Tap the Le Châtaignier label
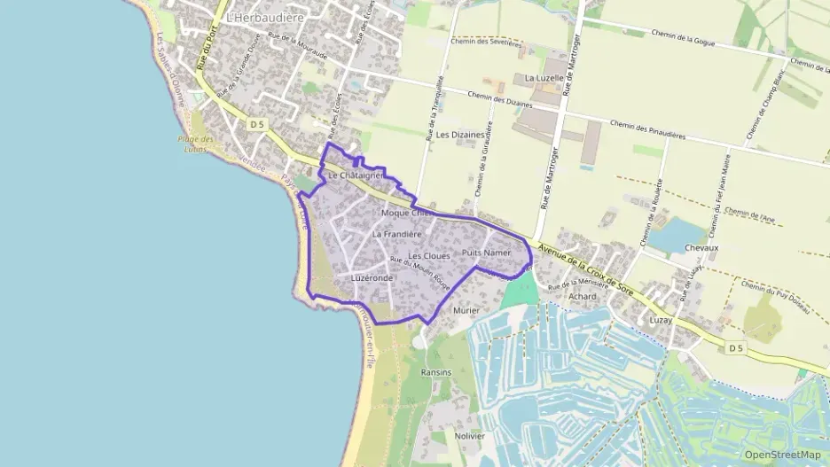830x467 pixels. pyautogui.click(x=355, y=176)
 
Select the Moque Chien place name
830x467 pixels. pyautogui.click(x=406, y=213)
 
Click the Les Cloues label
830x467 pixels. pyautogui.click(x=429, y=255)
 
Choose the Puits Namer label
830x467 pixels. pyautogui.click(x=487, y=253)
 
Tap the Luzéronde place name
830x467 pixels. pyautogui.click(x=372, y=277)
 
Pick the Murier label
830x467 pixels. pyautogui.click(x=466, y=311)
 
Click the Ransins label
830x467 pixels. pyautogui.click(x=436, y=373)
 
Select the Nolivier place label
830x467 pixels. pyautogui.click(x=469, y=436)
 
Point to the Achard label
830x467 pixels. pyautogui.click(x=583, y=297)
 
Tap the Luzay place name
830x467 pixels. pyautogui.click(x=661, y=318)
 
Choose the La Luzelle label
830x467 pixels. pyautogui.click(x=544, y=78)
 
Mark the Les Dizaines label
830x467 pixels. pyautogui.click(x=461, y=135)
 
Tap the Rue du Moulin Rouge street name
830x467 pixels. pyautogui.click(x=420, y=274)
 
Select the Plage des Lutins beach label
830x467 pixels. pyautogui.click(x=194, y=144)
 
